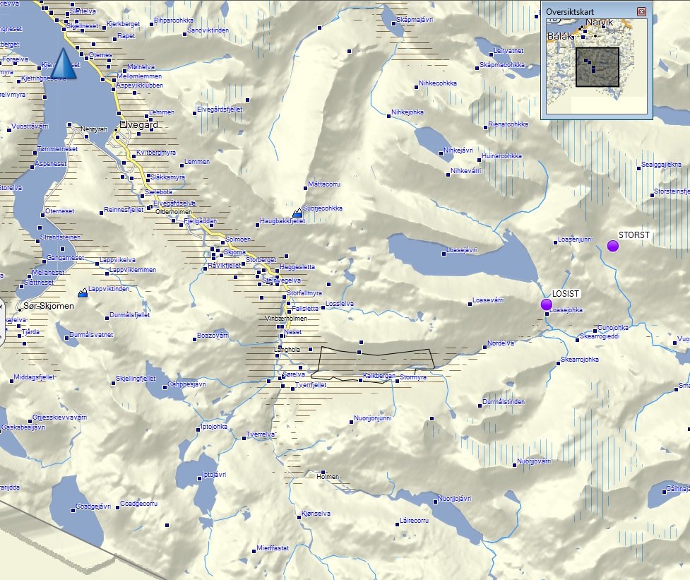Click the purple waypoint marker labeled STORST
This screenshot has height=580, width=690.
(612, 246)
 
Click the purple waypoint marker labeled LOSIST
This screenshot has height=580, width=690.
(546, 304)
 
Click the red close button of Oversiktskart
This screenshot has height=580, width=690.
(641, 12)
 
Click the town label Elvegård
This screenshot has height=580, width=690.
(139, 124)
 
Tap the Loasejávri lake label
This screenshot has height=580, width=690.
(463, 250)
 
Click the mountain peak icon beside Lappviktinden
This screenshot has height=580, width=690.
(83, 291)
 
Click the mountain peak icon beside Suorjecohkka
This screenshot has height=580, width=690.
(297, 212)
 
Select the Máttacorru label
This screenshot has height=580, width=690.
(324, 184)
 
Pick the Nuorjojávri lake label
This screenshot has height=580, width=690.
(454, 499)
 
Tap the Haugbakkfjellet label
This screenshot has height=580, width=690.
(282, 221)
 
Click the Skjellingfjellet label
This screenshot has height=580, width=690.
(136, 379)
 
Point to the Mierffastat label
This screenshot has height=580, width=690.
(273, 548)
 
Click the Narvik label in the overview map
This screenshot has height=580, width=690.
(600, 23)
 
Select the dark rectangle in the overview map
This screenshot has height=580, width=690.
(597, 67)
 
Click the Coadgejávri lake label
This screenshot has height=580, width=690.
(93, 506)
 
